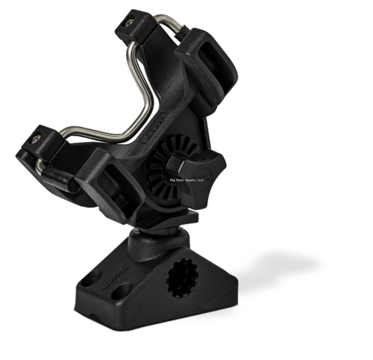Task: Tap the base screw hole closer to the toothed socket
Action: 122,291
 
